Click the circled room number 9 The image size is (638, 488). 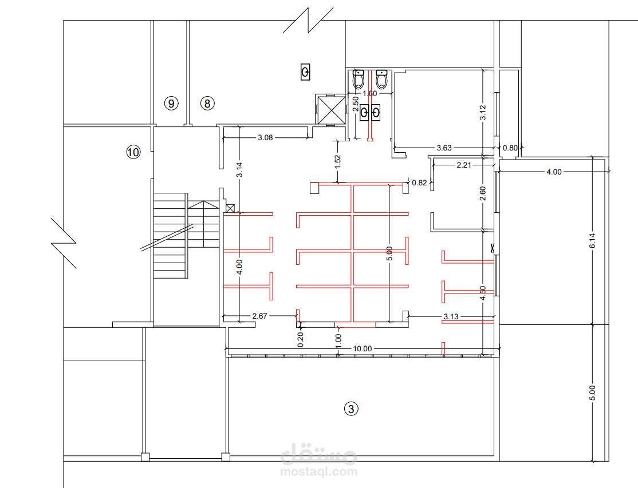tap(171, 104)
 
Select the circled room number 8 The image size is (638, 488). tap(207, 104)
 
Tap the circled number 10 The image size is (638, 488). tap(133, 152)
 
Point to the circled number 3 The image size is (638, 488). tap(351, 408)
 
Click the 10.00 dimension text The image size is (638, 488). tap(362, 348)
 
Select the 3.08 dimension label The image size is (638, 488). tap(265, 138)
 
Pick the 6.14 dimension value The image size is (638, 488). tap(592, 240)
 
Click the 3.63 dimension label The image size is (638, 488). tap(444, 148)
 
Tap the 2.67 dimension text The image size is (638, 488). tap(259, 316)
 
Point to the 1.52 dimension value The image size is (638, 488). tap(338, 161)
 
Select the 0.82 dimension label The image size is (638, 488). tap(419, 183)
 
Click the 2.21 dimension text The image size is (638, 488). tap(464, 165)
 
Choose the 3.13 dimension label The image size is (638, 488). tap(451, 316)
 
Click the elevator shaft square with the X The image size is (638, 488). tap(330, 109)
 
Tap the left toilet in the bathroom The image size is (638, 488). tap(357, 79)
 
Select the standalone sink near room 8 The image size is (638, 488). tap(305, 72)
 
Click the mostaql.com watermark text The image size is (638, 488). tap(319, 472)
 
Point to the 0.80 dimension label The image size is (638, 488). tap(510, 148)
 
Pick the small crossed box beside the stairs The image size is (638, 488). tap(230, 208)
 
